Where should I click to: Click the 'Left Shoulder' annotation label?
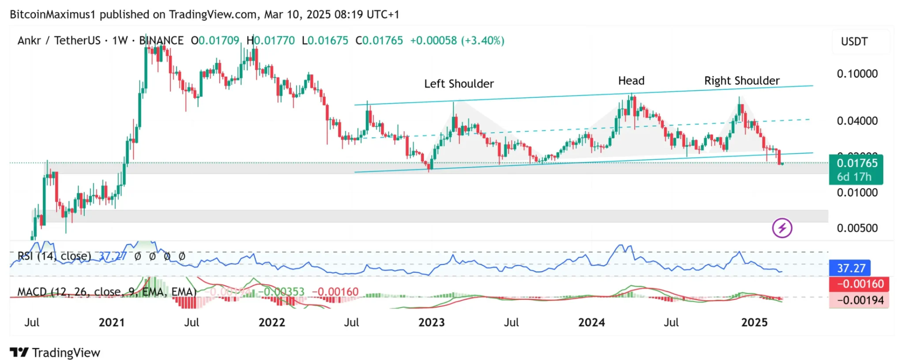(x=459, y=84)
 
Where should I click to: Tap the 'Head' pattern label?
(x=631, y=81)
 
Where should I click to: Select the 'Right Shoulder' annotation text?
(x=742, y=81)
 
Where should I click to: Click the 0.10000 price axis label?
(x=857, y=74)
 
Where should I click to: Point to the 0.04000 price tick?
(x=857, y=121)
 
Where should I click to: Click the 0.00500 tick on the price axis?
(x=857, y=228)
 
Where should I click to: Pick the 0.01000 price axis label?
(x=857, y=192)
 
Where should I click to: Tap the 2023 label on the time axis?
(x=431, y=322)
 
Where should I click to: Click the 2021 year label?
(x=112, y=322)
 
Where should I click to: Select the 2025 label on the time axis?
(x=754, y=322)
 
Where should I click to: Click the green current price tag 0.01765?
(x=856, y=164)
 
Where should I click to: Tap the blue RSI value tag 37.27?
(x=851, y=268)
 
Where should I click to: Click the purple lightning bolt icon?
(x=782, y=228)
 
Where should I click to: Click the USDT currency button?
(x=854, y=41)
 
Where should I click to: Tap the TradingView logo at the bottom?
(x=55, y=352)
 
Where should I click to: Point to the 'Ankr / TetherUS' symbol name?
(x=59, y=40)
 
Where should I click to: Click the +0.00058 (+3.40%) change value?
(x=457, y=40)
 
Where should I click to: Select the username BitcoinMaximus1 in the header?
(x=53, y=15)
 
